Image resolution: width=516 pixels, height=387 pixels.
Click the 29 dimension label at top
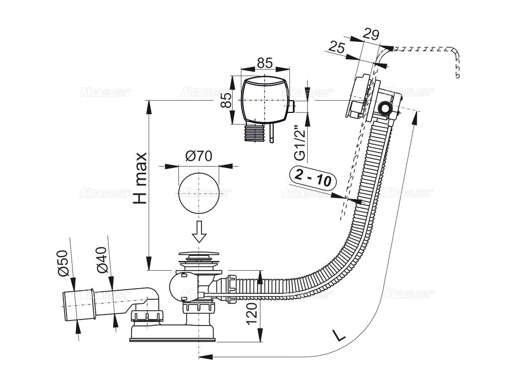371,35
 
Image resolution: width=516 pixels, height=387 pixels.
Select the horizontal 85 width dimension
265,63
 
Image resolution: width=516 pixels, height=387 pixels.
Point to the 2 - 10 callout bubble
313,177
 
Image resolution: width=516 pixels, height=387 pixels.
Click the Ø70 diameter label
197,157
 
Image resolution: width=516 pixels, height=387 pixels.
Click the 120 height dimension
253,314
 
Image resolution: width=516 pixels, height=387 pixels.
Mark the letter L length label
340,335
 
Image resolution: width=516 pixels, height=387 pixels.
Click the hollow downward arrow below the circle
200,231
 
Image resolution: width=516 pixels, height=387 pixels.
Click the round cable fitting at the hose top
386,108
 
